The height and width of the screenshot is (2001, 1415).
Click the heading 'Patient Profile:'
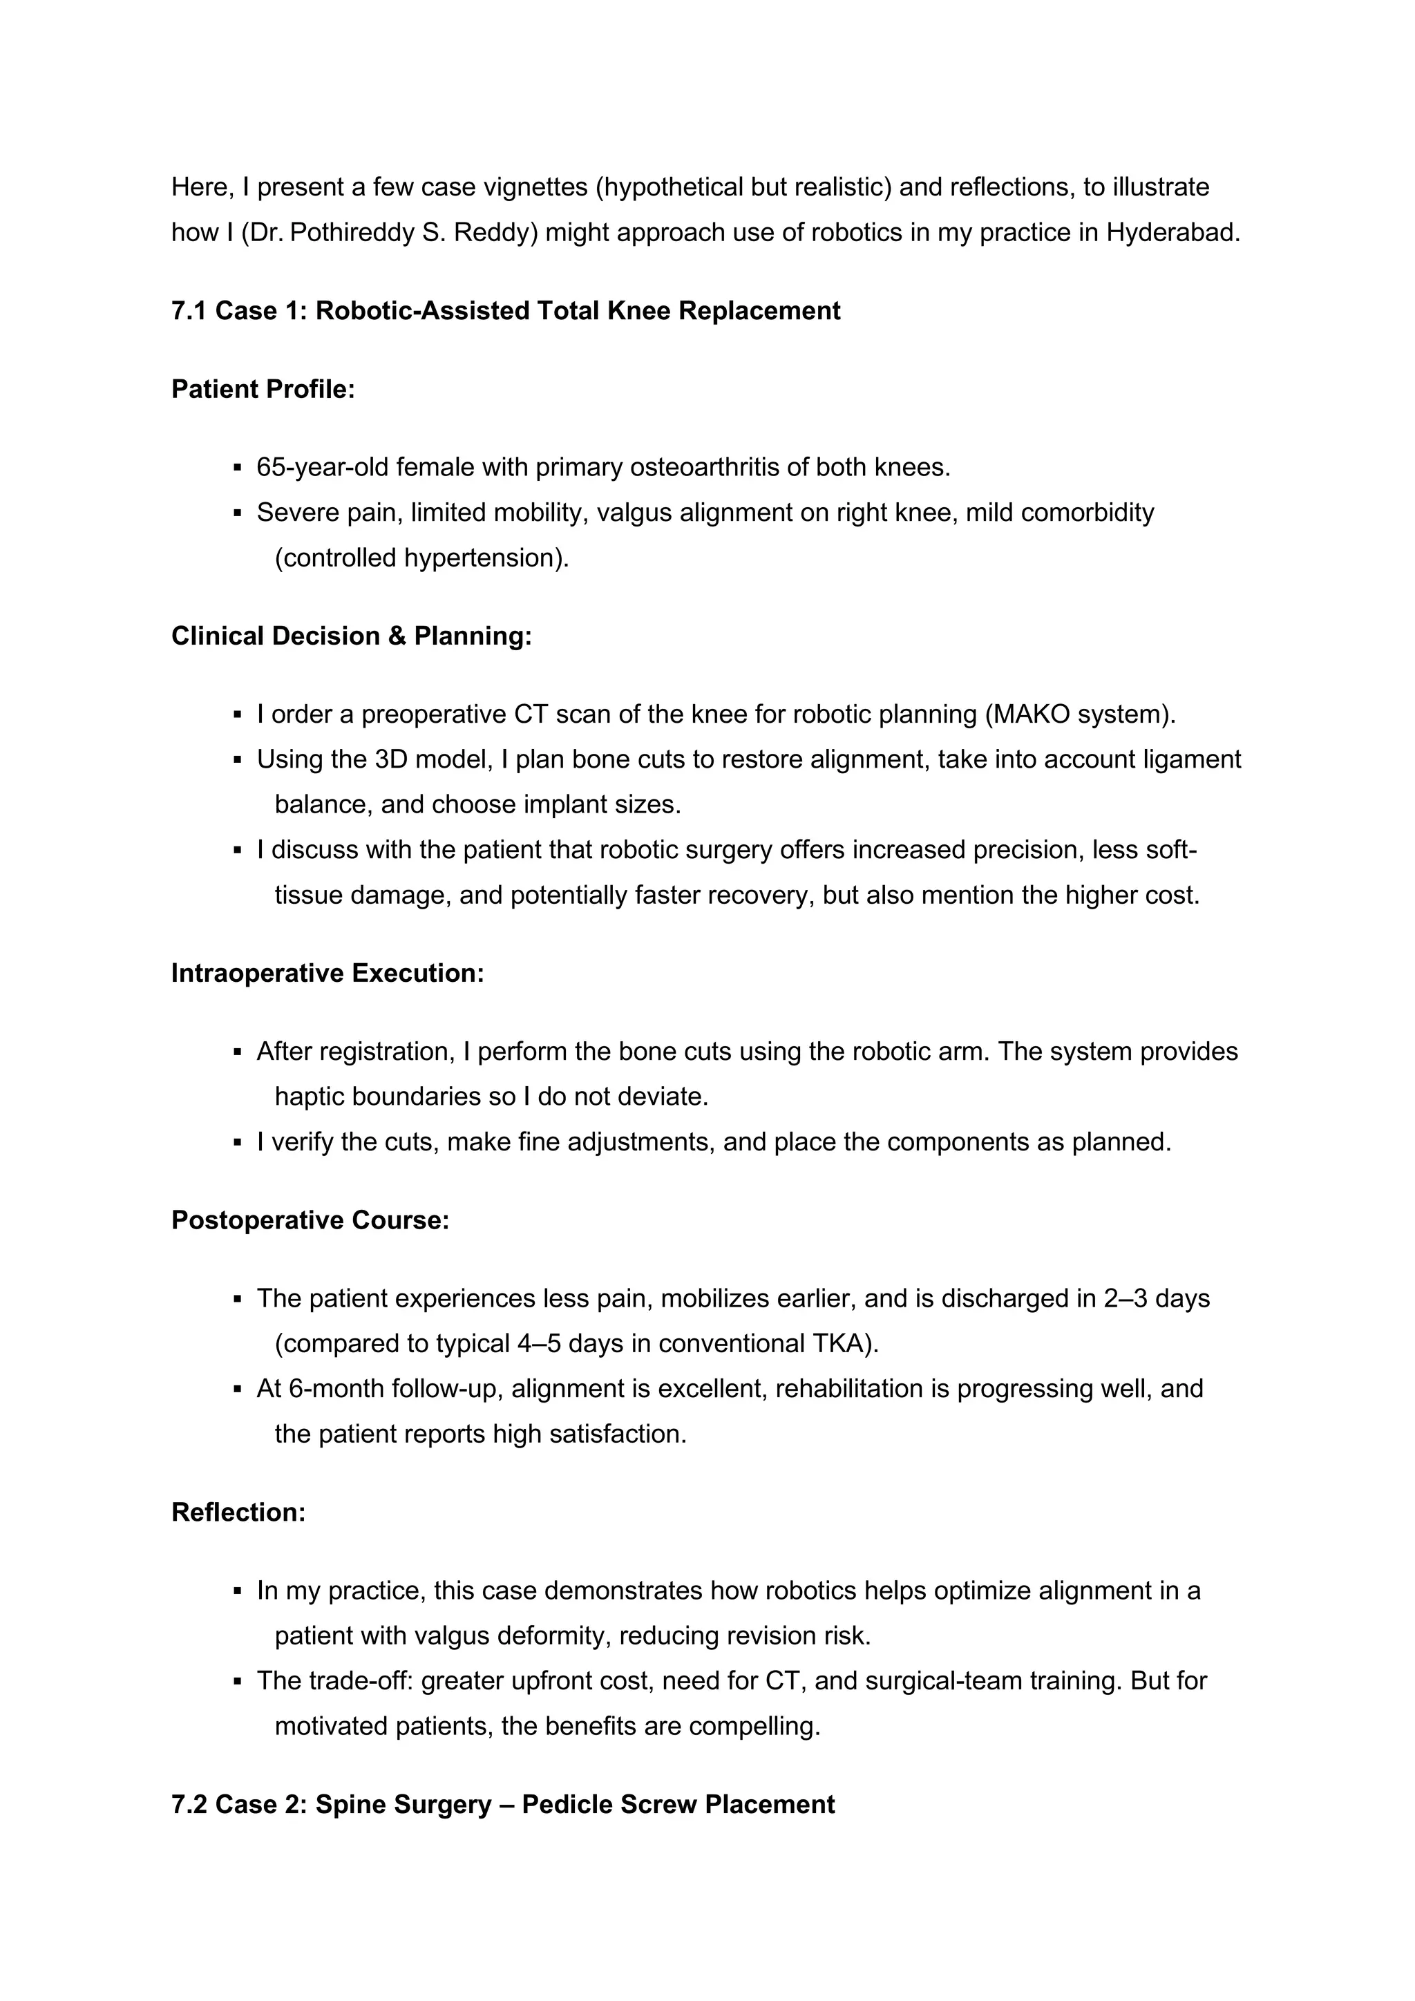[x=263, y=390]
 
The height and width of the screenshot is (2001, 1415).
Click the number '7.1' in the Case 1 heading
[x=189, y=311]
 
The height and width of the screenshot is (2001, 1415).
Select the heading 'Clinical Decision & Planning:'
[x=351, y=636]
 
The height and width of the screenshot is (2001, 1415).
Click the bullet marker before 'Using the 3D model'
[x=237, y=760]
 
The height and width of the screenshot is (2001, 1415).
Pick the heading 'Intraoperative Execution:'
[x=327, y=974]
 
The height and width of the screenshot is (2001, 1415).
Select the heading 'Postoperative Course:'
[x=310, y=1220]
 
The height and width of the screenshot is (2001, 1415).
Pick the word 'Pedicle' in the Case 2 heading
[x=567, y=1804]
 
